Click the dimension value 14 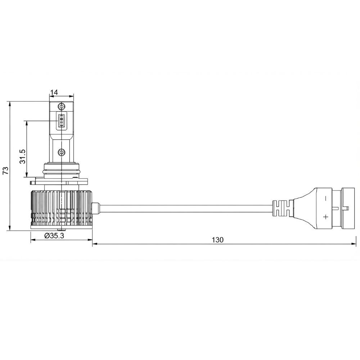(x=54, y=92)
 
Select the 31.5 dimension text (x=22, y=156)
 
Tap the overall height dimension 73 (x=5, y=170)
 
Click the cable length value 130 (x=217, y=240)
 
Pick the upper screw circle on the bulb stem (x=61, y=107)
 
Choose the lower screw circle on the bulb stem (x=61, y=152)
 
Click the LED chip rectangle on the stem (x=61, y=120)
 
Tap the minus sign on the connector (x=325, y=198)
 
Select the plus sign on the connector (x=325, y=216)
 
